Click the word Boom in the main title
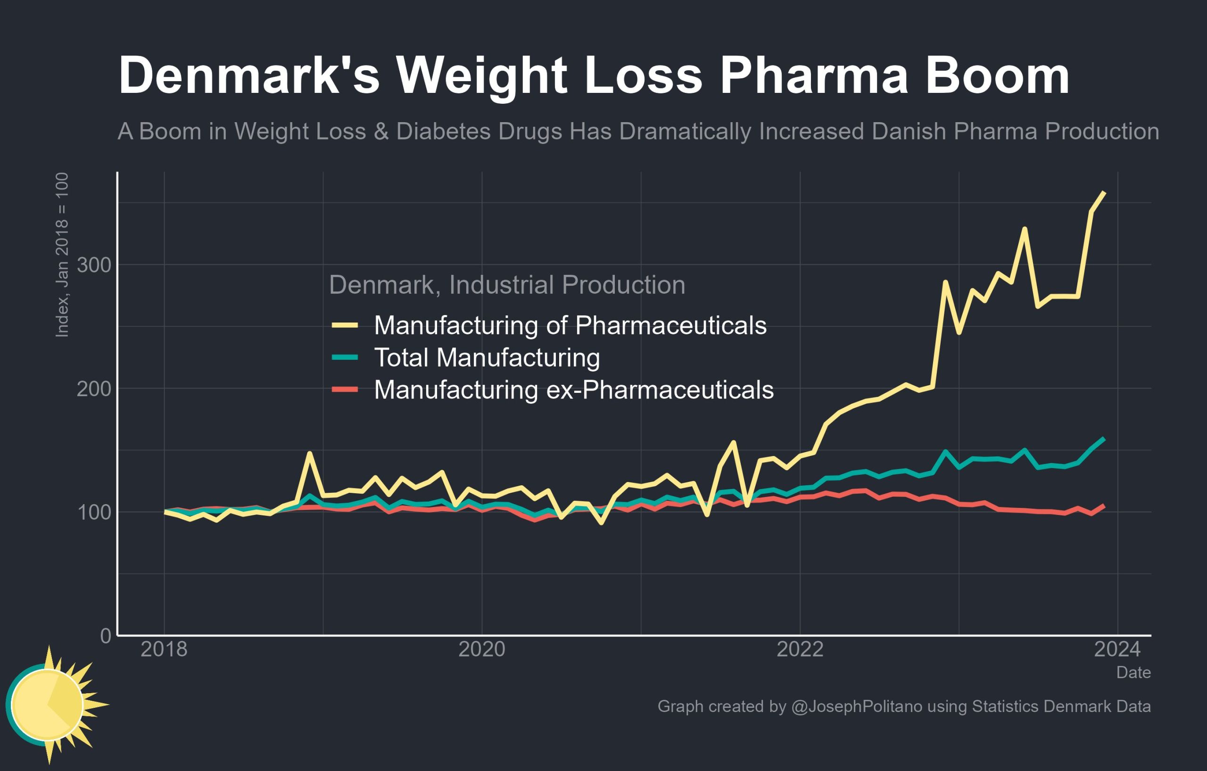tap(998, 76)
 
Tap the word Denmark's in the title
tap(248, 76)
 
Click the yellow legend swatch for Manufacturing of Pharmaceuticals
tap(345, 325)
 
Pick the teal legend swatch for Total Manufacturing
tap(345, 357)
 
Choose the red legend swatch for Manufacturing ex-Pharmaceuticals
tap(345, 390)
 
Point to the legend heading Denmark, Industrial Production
tap(507, 285)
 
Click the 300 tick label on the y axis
tap(94, 265)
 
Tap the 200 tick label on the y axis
tap(94, 389)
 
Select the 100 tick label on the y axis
tap(94, 512)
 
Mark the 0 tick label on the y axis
tap(105, 636)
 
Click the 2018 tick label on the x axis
tap(164, 650)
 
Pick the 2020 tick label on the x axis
tap(482, 650)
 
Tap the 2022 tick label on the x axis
tap(800, 650)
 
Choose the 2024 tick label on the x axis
tap(1117, 650)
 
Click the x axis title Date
tap(1133, 673)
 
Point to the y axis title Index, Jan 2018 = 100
tap(62, 255)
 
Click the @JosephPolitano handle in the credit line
tap(857, 706)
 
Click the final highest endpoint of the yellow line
tap(1104, 192)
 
